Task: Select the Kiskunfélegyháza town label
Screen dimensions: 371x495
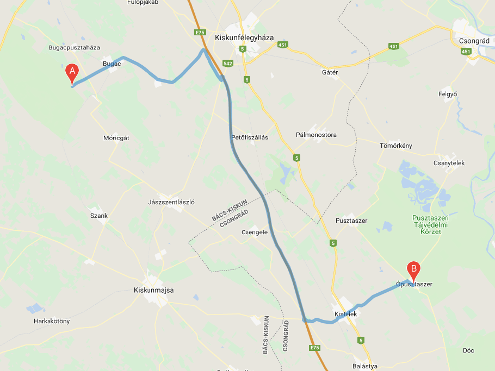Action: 244,38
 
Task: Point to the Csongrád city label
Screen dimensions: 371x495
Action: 471,41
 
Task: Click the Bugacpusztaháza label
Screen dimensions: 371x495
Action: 74,48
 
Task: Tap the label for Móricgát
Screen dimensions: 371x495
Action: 116,138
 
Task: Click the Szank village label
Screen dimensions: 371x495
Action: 99,216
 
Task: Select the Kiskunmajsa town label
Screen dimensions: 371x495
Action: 153,290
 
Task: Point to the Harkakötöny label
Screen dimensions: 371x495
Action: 52,321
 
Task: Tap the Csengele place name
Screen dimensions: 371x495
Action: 255,232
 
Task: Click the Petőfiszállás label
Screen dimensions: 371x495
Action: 250,137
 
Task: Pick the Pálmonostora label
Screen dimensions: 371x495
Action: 316,135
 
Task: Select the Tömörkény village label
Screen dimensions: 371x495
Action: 396,146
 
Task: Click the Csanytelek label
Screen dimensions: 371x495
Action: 449,163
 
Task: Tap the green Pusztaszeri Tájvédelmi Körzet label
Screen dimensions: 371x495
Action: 430,224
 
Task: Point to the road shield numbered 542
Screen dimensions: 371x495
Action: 228,64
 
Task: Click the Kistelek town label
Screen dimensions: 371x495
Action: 345,314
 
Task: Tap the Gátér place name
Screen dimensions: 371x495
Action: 330,72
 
